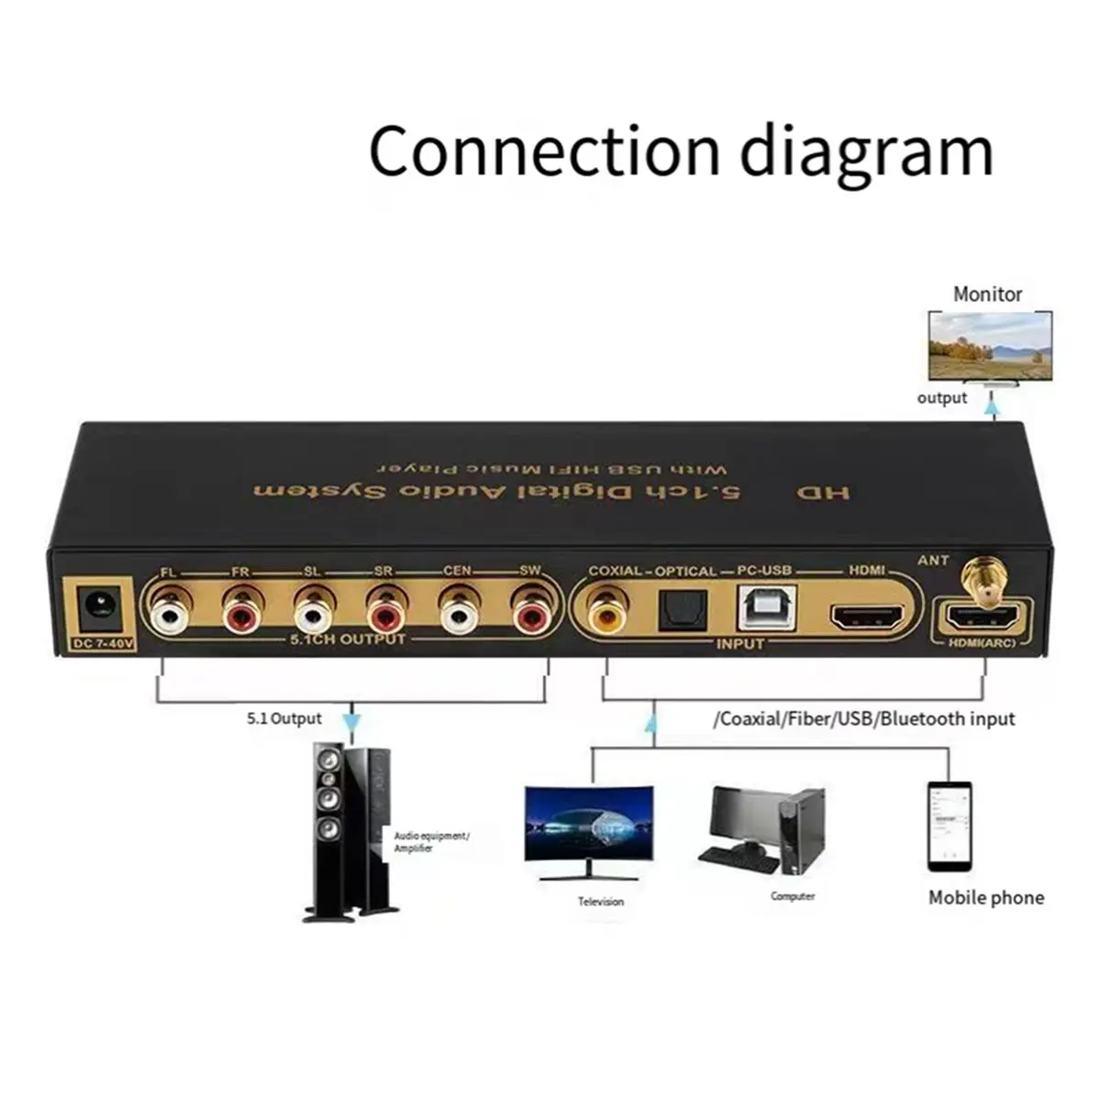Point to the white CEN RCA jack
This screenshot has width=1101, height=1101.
pos(460,614)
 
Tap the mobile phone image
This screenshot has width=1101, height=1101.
pos(949,826)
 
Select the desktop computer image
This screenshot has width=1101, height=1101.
pos(762,830)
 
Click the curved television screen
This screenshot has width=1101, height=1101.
pos(588,824)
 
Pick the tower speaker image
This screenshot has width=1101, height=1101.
pos(349,830)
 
